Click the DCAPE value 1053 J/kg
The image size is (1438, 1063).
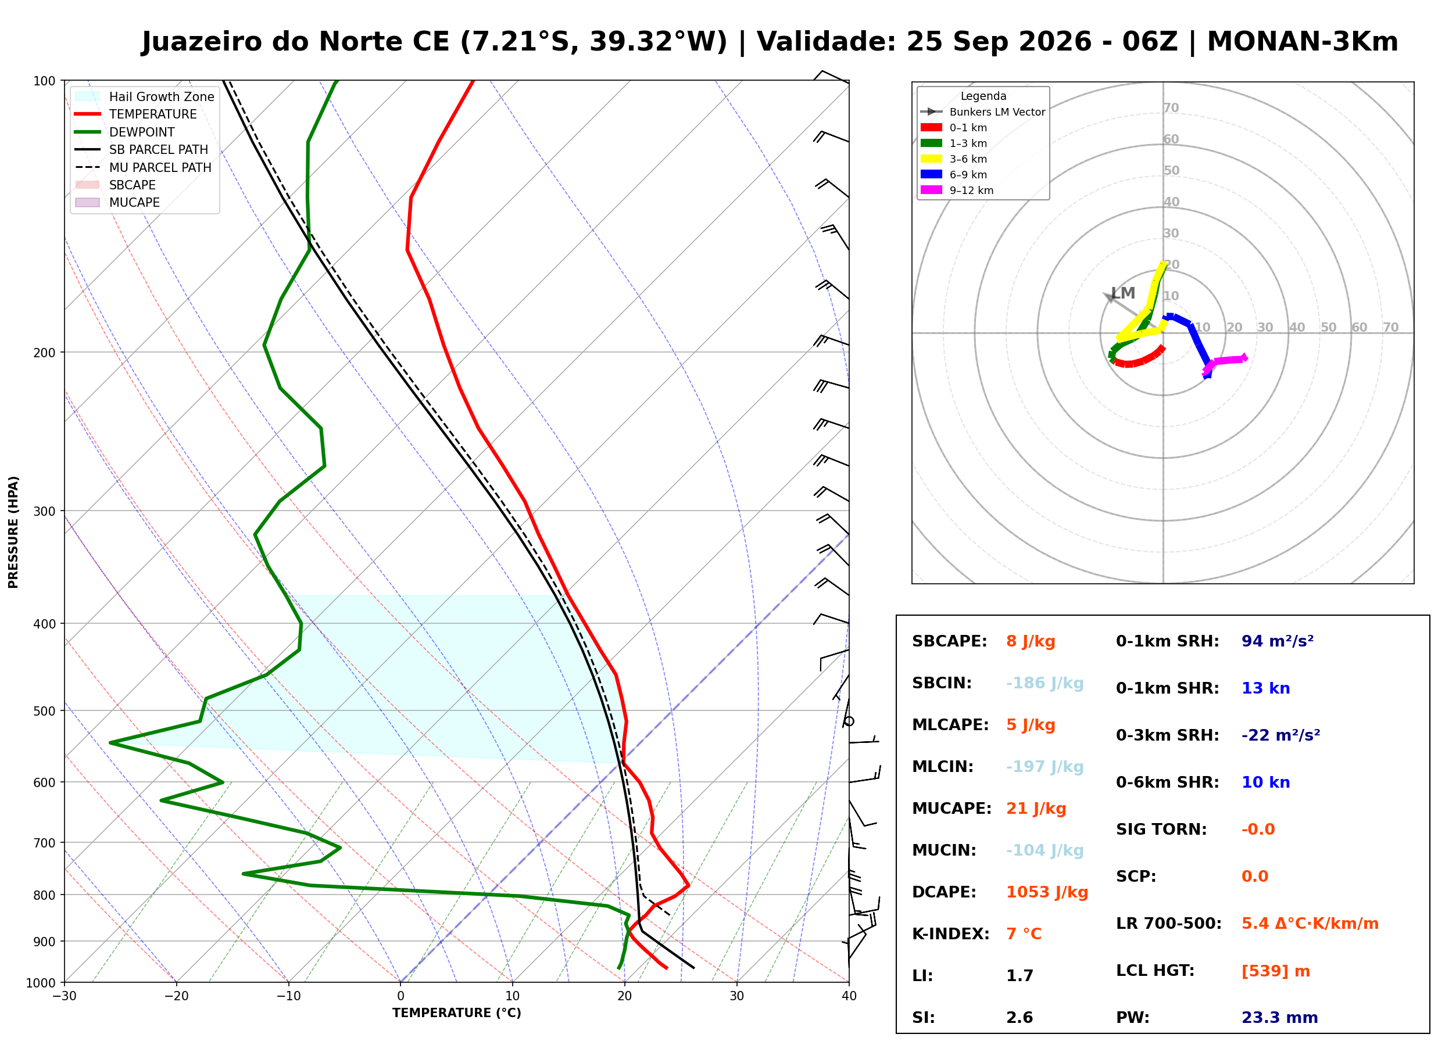1047,892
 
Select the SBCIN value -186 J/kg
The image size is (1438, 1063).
1044,683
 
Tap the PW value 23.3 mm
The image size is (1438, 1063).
1280,1018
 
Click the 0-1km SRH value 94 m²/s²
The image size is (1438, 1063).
1278,641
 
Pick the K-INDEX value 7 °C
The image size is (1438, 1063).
1024,934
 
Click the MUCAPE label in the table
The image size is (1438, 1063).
952,809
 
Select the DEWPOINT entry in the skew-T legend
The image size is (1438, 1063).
142,132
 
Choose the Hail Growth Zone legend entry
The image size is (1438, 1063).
161,96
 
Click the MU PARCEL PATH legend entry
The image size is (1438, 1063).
160,167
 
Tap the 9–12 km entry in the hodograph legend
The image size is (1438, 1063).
971,191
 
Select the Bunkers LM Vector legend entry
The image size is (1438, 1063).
997,112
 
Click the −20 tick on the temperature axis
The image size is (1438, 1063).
176,996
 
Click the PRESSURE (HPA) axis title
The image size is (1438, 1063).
13,532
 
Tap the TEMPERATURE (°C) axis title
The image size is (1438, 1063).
457,1013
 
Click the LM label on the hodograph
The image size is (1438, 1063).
1123,293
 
